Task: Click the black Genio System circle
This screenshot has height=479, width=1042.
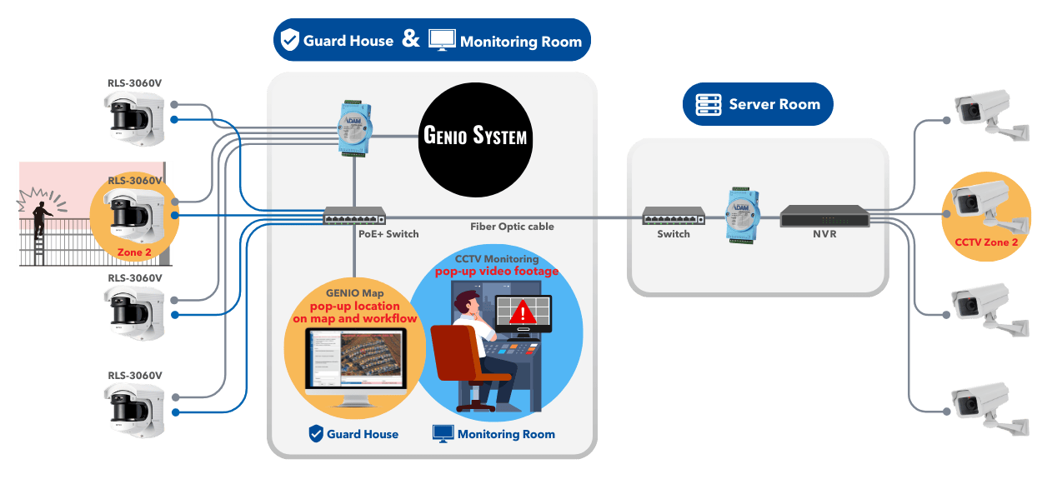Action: pyautogui.click(x=475, y=135)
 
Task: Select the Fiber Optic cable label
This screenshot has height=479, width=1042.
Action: pyautogui.click(x=512, y=227)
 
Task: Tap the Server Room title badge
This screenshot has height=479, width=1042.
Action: pyautogui.click(x=759, y=104)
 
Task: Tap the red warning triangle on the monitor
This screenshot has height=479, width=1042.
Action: pyautogui.click(x=523, y=313)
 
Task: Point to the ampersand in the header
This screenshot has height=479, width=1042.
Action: pyautogui.click(x=411, y=38)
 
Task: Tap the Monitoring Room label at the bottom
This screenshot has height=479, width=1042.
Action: pyautogui.click(x=505, y=434)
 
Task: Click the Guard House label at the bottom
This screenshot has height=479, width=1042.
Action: pyautogui.click(x=362, y=434)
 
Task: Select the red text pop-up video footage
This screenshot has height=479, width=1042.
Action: pyautogui.click(x=496, y=272)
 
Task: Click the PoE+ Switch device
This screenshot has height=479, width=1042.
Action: pyautogui.click(x=354, y=216)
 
